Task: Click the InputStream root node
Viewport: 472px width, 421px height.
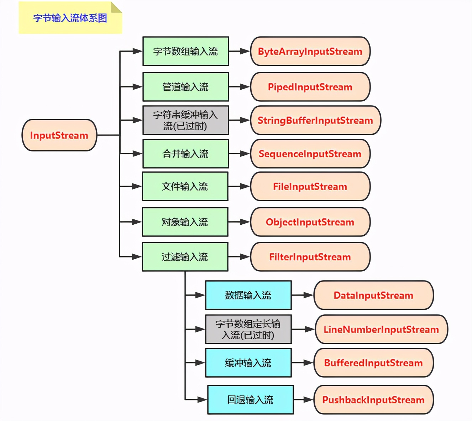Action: pyautogui.click(x=59, y=135)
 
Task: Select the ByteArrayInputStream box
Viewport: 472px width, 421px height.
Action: pyautogui.click(x=310, y=51)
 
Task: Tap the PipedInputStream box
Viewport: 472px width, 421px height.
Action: pyautogui.click(x=310, y=87)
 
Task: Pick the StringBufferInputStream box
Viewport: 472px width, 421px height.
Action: pyautogui.click(x=315, y=120)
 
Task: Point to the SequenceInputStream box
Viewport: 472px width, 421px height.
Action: pyautogui.click(x=310, y=154)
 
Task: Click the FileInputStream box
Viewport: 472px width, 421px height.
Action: pyautogui.click(x=310, y=186)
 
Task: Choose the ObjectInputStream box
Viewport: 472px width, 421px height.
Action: pyautogui.click(x=310, y=222)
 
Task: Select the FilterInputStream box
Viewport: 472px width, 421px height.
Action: pyautogui.click(x=310, y=257)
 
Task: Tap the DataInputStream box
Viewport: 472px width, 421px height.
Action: pyautogui.click(x=373, y=295)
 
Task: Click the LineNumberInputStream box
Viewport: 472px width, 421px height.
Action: pyautogui.click(x=381, y=329)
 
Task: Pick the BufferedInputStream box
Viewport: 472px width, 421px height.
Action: pyautogui.click(x=373, y=363)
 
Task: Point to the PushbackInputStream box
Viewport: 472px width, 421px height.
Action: pyautogui.click(x=373, y=400)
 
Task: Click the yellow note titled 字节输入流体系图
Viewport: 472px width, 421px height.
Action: pyautogui.click(x=70, y=18)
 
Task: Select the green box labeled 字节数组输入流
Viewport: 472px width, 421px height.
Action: pyautogui.click(x=185, y=51)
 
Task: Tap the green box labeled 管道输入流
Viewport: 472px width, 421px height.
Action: pyautogui.click(x=185, y=87)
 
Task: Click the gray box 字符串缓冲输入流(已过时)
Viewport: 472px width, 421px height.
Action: pyautogui.click(x=185, y=120)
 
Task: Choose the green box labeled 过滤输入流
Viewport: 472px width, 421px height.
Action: pyautogui.click(x=185, y=257)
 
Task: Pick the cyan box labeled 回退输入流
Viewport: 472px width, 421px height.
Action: pyautogui.click(x=250, y=400)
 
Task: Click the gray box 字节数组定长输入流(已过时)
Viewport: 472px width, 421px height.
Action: pyautogui.click(x=248, y=329)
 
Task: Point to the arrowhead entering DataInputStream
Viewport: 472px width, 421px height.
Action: pyautogui.click(x=309, y=295)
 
